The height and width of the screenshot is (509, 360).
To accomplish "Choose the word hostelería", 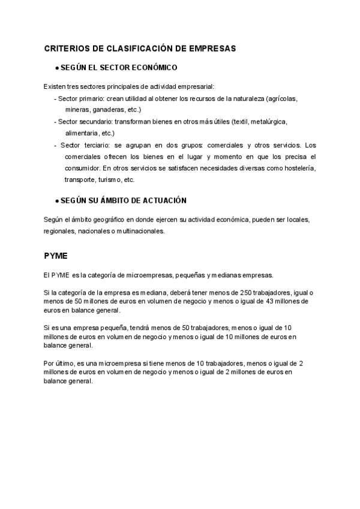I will [296, 168].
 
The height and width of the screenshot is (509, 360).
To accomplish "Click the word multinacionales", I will [139, 230].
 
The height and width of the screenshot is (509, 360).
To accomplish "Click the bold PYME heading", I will [56, 255].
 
